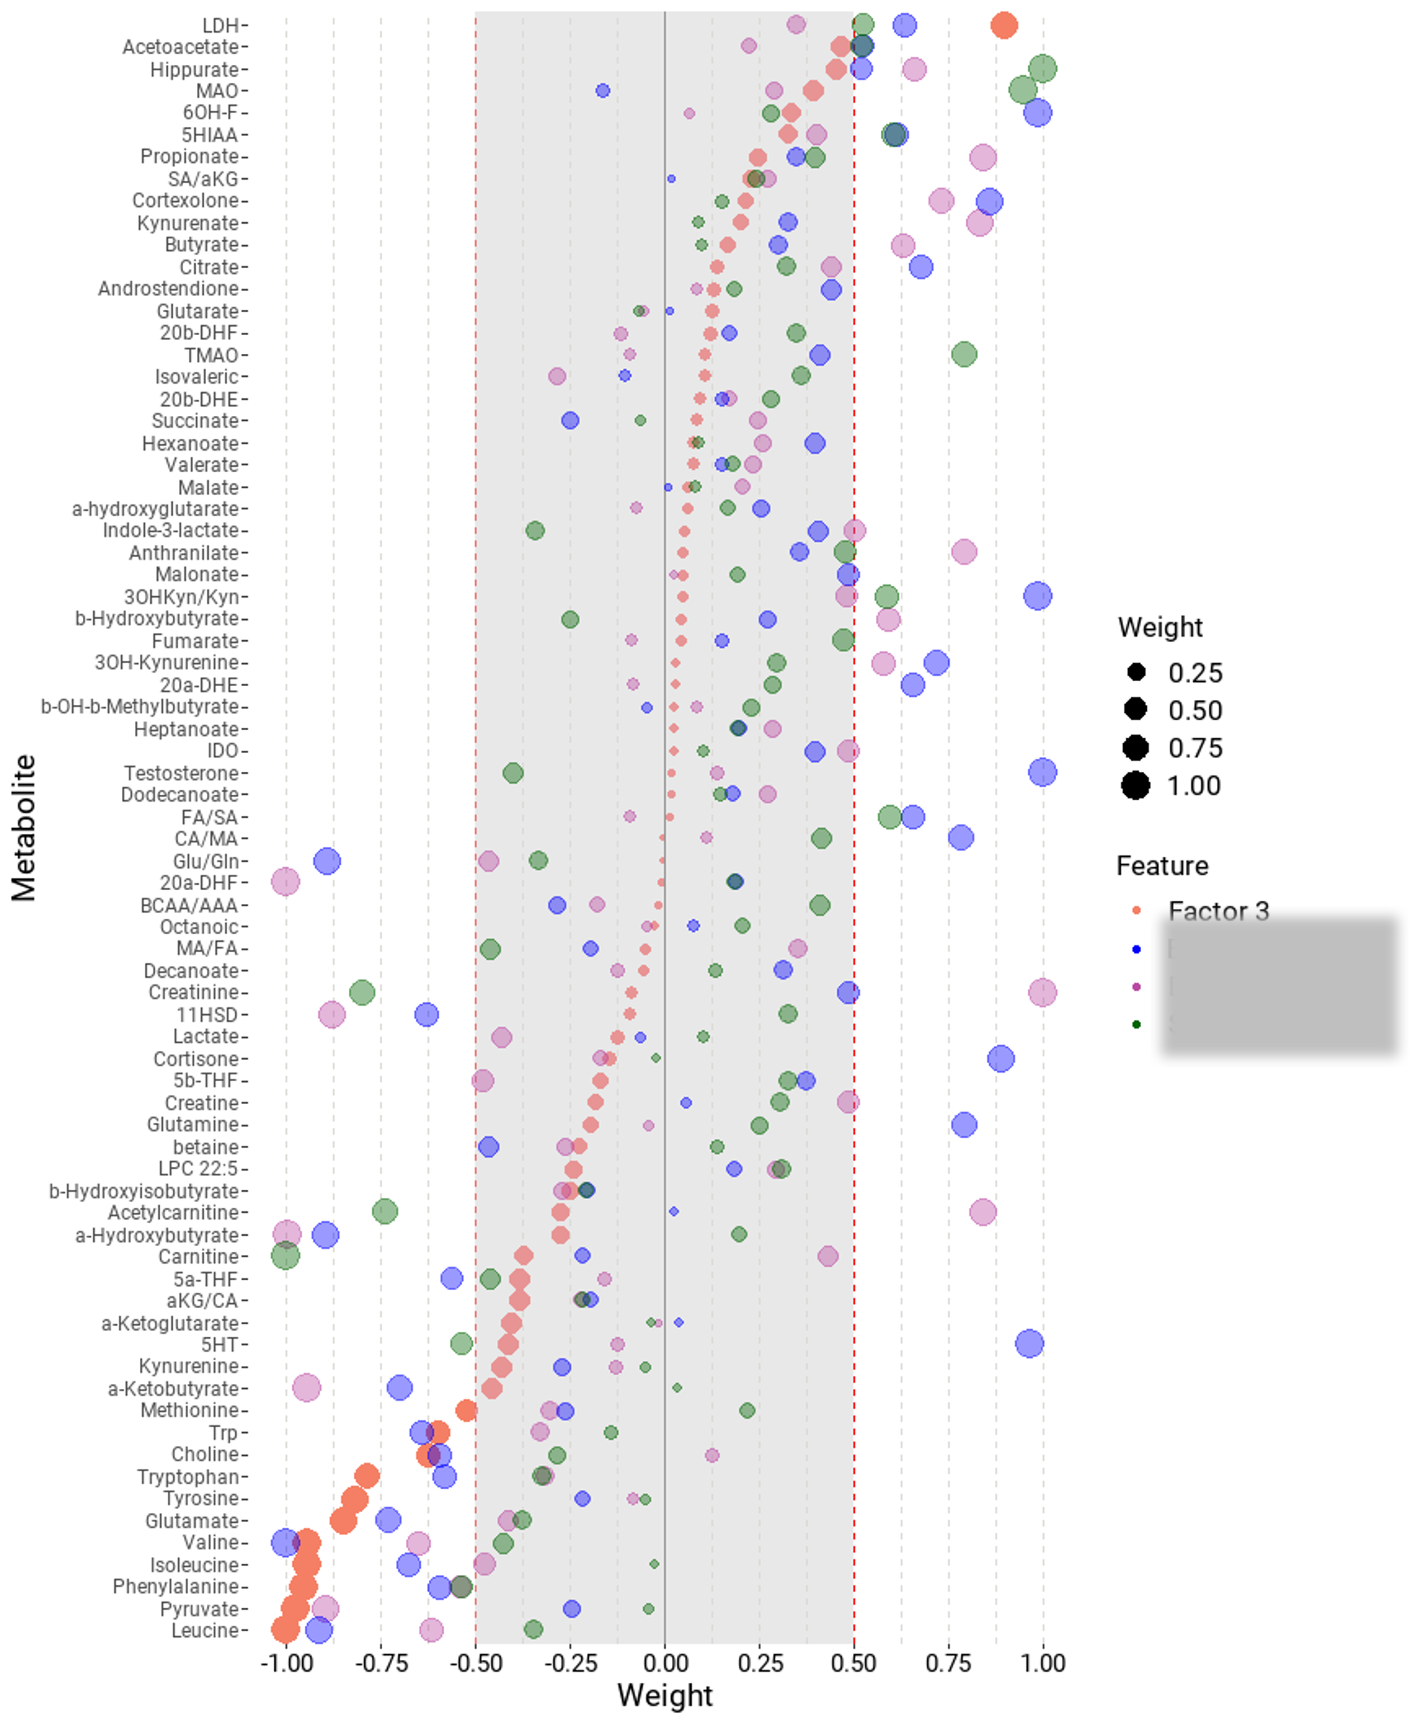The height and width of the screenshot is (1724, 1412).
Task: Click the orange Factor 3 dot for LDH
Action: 1004,25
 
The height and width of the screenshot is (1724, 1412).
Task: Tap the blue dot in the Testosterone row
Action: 1042,772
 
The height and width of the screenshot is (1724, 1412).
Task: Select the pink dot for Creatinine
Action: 1042,992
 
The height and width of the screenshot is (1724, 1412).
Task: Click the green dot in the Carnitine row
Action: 285,1255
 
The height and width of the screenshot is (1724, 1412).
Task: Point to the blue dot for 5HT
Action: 1029,1343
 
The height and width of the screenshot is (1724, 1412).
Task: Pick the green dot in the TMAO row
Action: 964,354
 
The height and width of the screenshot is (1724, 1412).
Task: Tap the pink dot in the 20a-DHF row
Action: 285,881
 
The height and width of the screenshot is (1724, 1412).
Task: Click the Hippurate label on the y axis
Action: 194,70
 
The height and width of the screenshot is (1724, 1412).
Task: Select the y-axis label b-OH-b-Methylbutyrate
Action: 140,707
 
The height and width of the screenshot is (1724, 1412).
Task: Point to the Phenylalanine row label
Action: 175,1587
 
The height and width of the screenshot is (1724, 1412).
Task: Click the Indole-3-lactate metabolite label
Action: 171,531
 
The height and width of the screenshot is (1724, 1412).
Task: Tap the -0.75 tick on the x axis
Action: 381,1664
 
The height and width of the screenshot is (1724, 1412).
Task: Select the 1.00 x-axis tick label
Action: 1043,1664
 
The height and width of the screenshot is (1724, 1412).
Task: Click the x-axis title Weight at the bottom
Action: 664,1695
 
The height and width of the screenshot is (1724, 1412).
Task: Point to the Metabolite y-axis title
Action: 24,828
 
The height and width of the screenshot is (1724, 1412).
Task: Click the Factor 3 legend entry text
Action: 1218,911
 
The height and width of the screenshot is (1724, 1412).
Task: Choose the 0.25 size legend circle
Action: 1136,672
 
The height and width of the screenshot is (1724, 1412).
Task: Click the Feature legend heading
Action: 1161,866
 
